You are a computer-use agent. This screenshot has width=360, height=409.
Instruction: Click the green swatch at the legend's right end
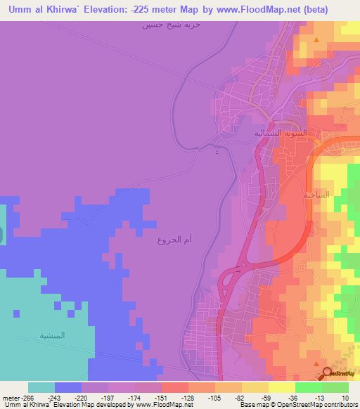pyautogui.click(x=335, y=387)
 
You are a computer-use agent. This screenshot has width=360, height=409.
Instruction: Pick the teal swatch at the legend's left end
pyautogui.click(x=41, y=387)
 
